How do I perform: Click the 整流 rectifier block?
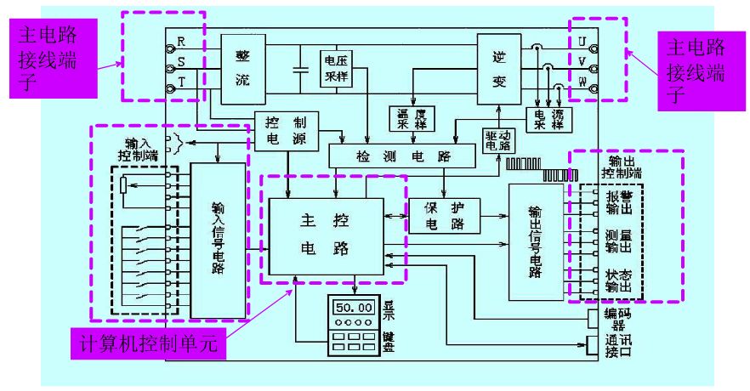coord(242,65)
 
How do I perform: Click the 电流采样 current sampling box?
coord(545,119)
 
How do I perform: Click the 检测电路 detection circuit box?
coord(402,156)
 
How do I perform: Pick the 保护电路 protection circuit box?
coord(445,217)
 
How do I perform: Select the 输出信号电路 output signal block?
coord(535,241)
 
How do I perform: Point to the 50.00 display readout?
coord(354,306)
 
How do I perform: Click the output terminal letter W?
coord(582,82)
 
